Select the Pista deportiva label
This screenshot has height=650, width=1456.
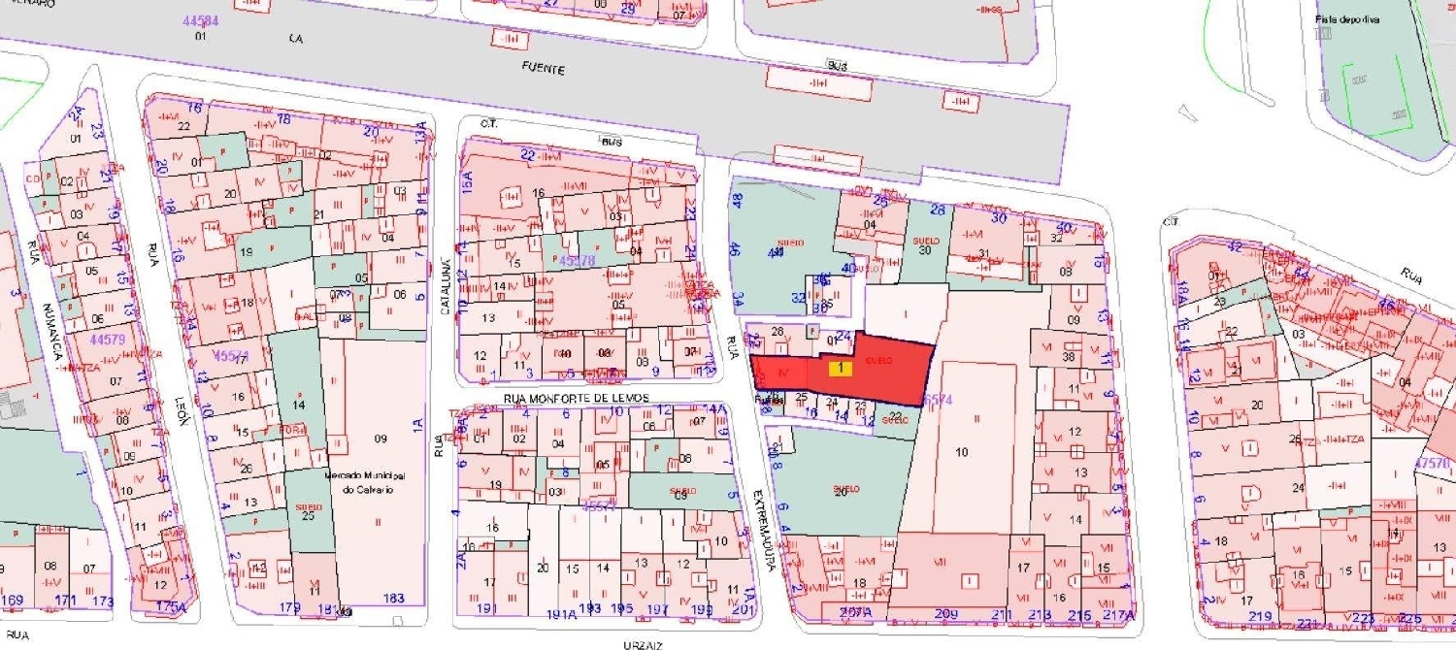[x=1347, y=19]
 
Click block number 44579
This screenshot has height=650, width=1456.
[x=107, y=341]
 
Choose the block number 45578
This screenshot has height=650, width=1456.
[x=577, y=262]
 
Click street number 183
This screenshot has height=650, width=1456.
[x=394, y=599]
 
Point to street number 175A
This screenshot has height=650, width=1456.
[x=170, y=606]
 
